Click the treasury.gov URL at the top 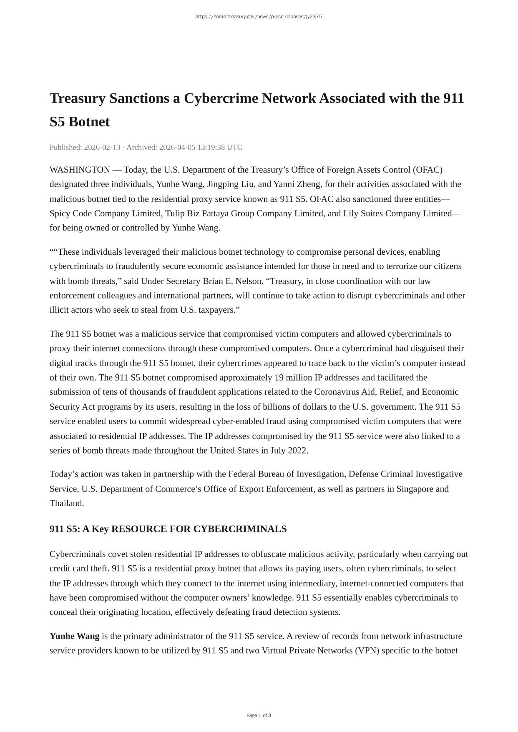click(x=259, y=17)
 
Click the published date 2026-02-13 click(x=102, y=147)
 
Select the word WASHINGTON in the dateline click(x=80, y=170)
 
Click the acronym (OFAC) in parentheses click(x=427, y=170)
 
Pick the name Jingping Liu click(x=231, y=184)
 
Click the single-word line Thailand click(x=67, y=503)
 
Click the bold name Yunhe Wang click(x=74, y=636)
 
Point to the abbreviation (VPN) click(x=367, y=651)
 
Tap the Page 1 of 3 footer click(x=259, y=715)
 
